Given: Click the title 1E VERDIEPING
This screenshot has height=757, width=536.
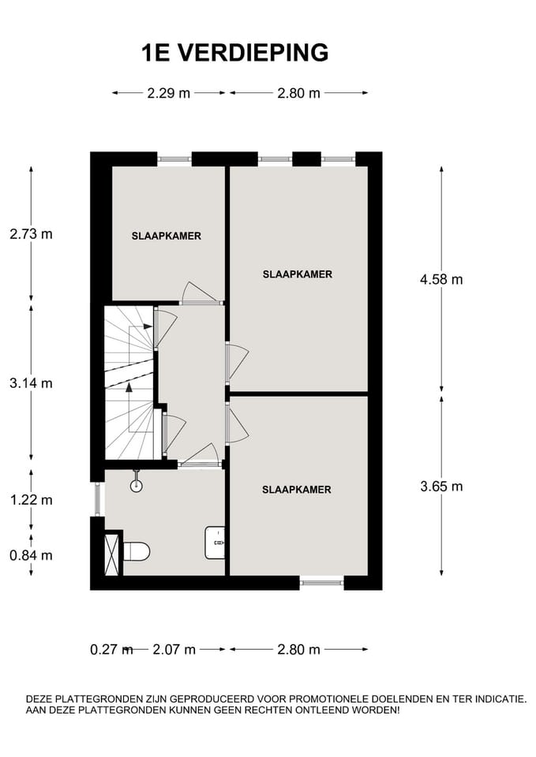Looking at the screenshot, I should (234, 53).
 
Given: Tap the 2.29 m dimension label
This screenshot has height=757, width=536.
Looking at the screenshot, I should (168, 93).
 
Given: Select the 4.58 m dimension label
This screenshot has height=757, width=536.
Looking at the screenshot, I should (441, 278).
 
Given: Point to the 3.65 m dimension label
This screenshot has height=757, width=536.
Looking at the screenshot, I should (441, 486).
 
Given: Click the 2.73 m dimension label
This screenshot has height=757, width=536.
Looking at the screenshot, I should (31, 233).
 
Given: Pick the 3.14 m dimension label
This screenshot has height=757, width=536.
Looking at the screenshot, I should (31, 383).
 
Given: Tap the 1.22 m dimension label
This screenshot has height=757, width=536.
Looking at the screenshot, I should (31, 499).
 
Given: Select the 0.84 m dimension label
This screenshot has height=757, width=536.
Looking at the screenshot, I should (31, 555).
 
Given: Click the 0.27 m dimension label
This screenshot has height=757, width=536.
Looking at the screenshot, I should (110, 650).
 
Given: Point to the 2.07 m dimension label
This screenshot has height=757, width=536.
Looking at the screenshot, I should (174, 650).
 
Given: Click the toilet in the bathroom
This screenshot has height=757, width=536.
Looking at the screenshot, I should (136, 551).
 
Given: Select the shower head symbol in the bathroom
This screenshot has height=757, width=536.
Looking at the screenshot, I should (137, 483).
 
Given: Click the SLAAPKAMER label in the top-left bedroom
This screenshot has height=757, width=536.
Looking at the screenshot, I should (166, 236).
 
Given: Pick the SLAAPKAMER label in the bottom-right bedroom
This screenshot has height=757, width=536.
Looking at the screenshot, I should (296, 490).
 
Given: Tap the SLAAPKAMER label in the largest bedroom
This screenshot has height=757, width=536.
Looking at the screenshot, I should (297, 274).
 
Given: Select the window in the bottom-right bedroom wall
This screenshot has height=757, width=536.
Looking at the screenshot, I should (321, 583).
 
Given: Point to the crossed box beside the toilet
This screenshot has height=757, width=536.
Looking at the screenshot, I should (111, 554).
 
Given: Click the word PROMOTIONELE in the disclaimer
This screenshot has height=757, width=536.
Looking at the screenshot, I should (335, 699).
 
